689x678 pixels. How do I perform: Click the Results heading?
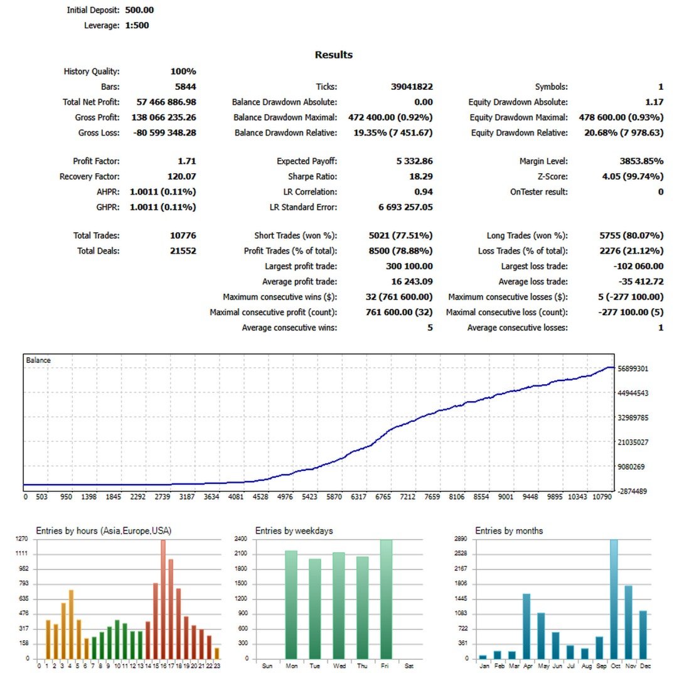(x=333, y=55)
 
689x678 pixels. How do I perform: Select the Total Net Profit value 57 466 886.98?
(x=166, y=102)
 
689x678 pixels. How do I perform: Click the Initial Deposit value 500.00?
(x=139, y=9)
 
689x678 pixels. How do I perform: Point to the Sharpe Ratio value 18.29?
(x=420, y=176)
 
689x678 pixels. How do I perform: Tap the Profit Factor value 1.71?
(x=187, y=161)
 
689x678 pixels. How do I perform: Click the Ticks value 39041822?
(x=412, y=87)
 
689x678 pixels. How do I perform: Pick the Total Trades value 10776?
(x=183, y=235)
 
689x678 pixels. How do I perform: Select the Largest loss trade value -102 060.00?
(x=638, y=266)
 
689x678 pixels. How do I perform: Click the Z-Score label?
(x=552, y=176)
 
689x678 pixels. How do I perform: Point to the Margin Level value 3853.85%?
(x=641, y=161)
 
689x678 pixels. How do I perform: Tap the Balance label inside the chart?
(x=38, y=360)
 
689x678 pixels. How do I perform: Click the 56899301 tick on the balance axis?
(x=633, y=369)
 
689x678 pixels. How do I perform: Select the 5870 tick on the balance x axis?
(x=334, y=497)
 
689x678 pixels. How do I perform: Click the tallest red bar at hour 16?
(x=163, y=600)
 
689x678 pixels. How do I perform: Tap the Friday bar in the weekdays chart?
(x=386, y=600)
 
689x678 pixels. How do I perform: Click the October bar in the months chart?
(x=614, y=600)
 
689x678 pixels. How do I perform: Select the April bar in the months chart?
(x=526, y=626)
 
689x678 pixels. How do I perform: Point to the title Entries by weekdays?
(x=294, y=530)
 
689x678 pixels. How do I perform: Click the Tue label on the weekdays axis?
(x=314, y=666)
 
